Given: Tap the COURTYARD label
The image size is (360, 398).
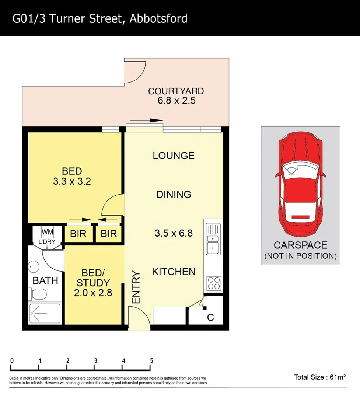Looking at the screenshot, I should point(176,91).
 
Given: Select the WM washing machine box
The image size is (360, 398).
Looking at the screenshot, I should point(47,232).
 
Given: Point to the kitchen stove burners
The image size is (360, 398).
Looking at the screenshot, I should point(213,283).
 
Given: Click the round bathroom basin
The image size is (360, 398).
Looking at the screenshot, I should point(34,266).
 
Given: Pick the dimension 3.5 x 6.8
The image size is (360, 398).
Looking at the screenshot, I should point(174,233).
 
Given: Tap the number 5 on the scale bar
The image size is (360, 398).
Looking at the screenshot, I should point(151,361).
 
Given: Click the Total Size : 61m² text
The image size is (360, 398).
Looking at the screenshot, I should point(319,377).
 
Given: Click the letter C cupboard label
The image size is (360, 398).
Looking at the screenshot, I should point(210,317).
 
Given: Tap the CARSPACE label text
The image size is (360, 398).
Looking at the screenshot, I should point(300,245).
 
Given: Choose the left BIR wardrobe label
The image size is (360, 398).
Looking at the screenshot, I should point(78,234).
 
